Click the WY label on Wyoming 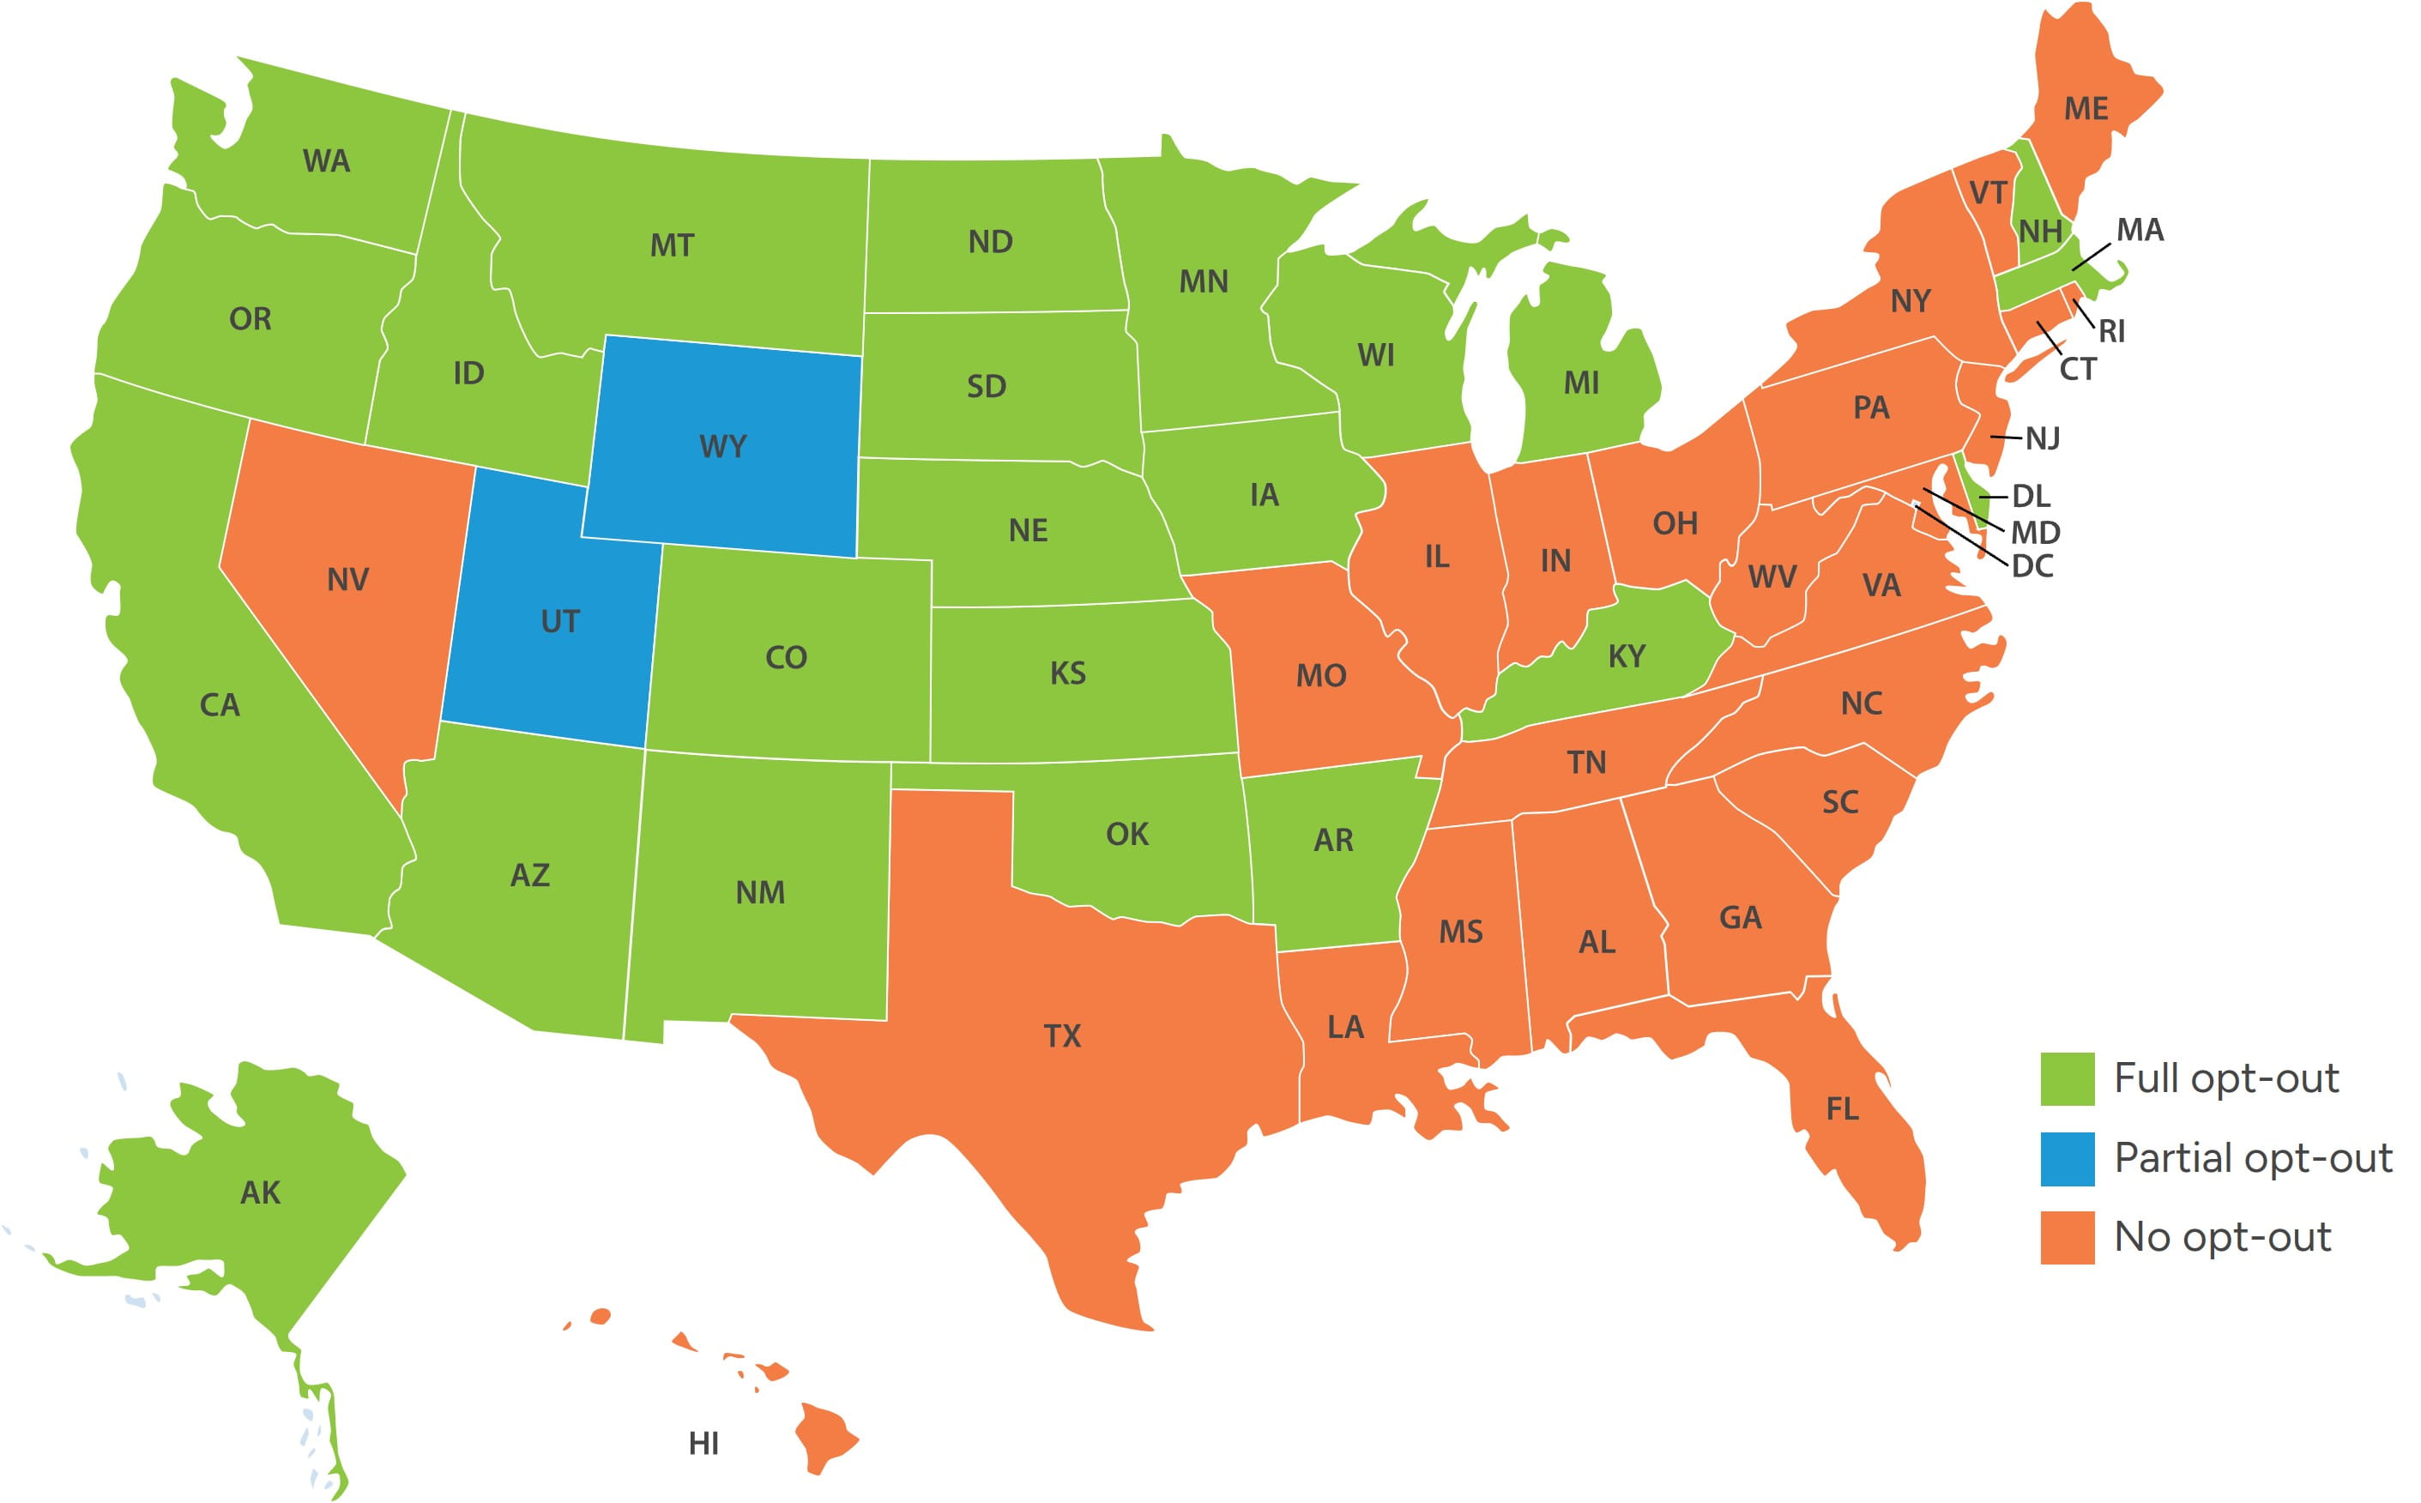tap(722, 446)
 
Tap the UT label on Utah tap(559, 621)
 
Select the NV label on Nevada tap(347, 580)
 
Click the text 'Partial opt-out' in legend tap(2252, 1158)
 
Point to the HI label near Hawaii tap(703, 1443)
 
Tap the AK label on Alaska tap(261, 1192)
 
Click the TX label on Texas tap(1061, 1035)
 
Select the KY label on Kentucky tap(1627, 656)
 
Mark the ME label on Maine tap(2086, 108)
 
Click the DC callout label tap(2032, 566)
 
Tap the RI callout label tap(2111, 332)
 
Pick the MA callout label tap(2140, 230)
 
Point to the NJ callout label tap(2043, 438)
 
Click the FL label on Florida tap(1842, 1108)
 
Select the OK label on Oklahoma tap(1127, 833)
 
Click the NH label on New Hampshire tap(2040, 232)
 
